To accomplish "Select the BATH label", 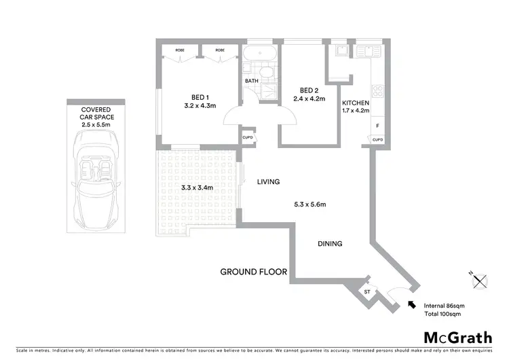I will (252, 82).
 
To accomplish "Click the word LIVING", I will (268, 182).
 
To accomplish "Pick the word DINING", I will (329, 244).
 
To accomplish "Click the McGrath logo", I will (459, 338).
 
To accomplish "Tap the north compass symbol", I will (480, 279).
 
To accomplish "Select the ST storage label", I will (366, 291).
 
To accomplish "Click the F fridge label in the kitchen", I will (377, 126).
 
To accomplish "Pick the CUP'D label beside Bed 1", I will (247, 139).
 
